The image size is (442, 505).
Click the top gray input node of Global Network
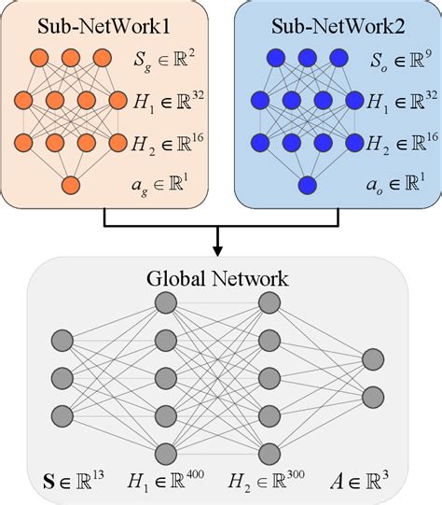pos(62,340)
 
